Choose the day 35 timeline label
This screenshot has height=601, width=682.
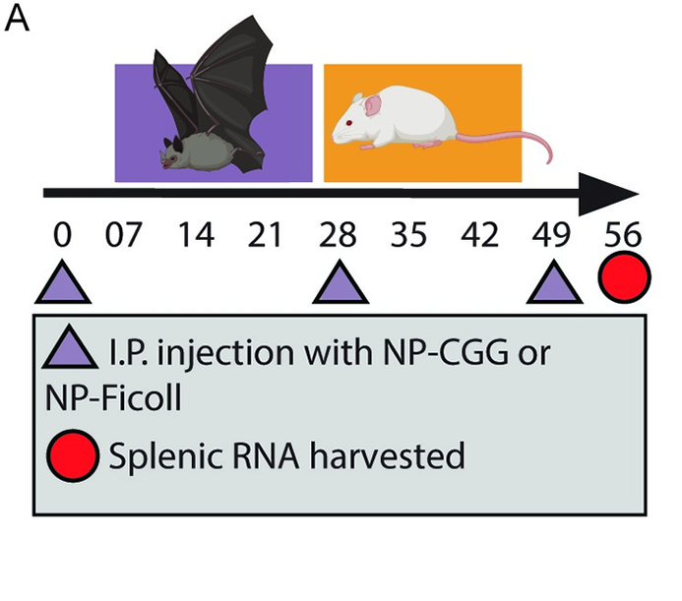pos(409,237)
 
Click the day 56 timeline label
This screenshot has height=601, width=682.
pos(624,237)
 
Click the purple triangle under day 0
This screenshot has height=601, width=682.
pos(65,284)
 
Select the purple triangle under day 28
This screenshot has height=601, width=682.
pos(341,284)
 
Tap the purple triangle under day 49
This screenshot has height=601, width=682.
pos(555,284)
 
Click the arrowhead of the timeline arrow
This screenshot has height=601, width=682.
pos(606,194)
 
